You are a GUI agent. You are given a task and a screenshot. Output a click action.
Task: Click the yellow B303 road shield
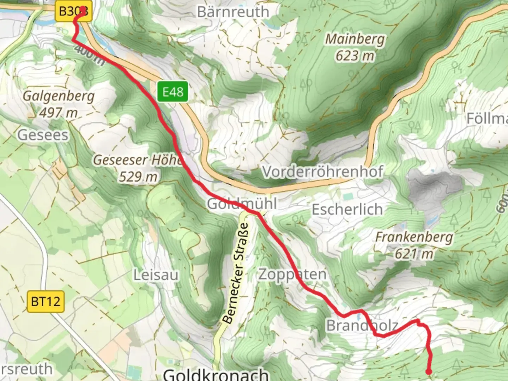(72, 12)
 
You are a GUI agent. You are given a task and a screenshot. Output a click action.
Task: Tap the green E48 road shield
(173, 92)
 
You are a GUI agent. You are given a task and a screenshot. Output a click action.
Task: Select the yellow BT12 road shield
(46, 302)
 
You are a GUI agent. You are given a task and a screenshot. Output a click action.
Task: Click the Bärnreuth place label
(233, 12)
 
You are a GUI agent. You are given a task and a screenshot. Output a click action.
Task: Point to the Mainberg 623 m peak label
(355, 47)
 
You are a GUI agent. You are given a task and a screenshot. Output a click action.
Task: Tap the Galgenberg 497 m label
(59, 104)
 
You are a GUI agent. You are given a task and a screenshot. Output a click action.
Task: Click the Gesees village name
(43, 135)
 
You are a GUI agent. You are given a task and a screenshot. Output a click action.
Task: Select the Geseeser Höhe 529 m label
(138, 168)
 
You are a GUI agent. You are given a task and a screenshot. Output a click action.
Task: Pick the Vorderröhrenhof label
(322, 172)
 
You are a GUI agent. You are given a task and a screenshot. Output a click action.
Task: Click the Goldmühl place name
(242, 204)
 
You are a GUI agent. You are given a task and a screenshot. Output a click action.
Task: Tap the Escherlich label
(347, 210)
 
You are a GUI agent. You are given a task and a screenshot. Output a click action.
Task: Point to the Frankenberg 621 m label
(414, 245)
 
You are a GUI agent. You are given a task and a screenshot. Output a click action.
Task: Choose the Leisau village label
(156, 275)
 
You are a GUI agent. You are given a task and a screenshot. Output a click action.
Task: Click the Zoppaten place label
(292, 274)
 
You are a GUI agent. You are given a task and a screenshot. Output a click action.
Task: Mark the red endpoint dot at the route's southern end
(429, 371)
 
